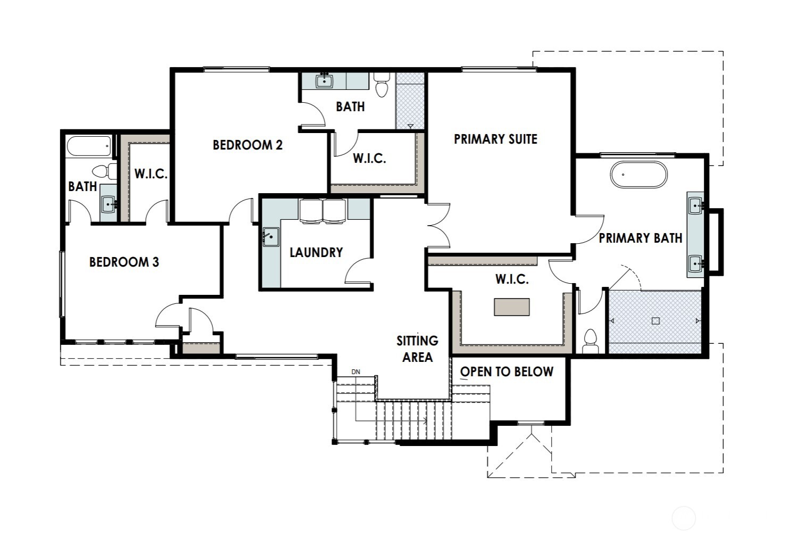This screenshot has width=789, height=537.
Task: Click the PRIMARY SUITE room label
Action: [495, 139]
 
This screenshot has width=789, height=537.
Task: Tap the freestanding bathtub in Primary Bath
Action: [638, 175]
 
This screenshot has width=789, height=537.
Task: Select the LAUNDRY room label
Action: [316, 252]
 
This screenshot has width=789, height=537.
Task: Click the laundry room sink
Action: [271, 236]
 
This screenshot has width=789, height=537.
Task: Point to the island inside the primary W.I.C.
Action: [512, 307]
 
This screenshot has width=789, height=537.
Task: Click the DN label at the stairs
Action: [355, 372]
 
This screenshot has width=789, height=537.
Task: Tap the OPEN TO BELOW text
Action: [506, 371]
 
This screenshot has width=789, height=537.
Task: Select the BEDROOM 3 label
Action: [124, 262]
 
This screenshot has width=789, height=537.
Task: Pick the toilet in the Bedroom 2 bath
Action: [381, 85]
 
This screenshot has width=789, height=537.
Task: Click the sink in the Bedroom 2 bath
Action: [324, 81]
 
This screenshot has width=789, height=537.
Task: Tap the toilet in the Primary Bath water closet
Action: [591, 341]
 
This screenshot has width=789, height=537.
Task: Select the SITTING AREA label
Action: [417, 349]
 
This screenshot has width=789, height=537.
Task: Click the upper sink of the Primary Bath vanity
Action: [696, 204]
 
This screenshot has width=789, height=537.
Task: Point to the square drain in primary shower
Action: [655, 320]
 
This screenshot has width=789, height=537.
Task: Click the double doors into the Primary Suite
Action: [438, 226]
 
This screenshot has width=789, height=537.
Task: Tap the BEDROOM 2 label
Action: [247, 145]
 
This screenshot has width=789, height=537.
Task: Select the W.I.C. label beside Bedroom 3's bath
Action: [151, 174]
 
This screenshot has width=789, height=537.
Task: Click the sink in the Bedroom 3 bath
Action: [109, 203]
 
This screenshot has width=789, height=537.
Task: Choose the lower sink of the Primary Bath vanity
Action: [696, 263]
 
